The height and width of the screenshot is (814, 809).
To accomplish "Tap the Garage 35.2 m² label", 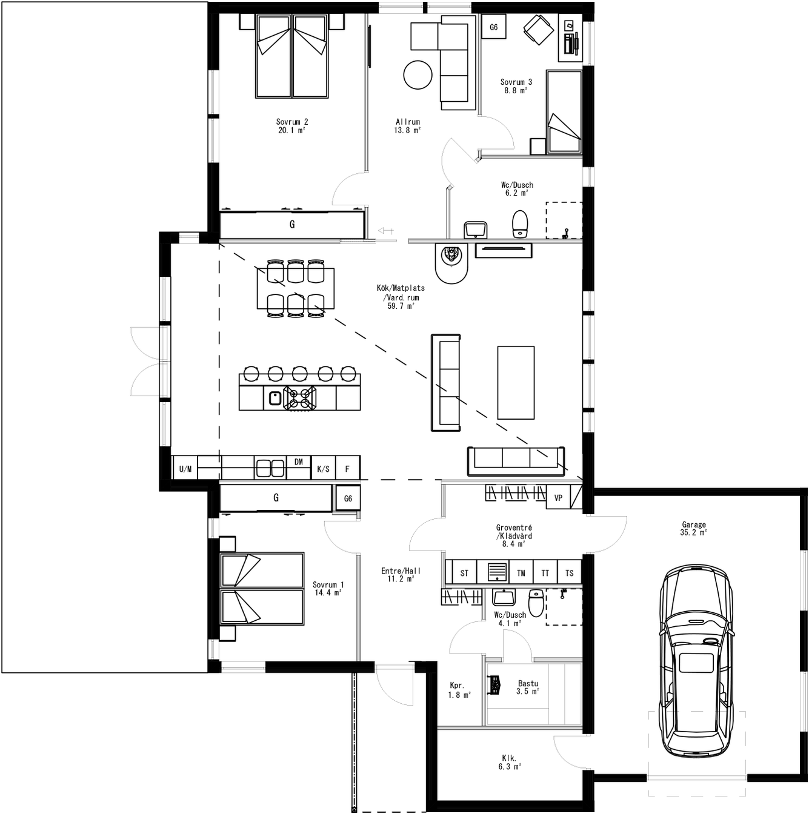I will point(693,529).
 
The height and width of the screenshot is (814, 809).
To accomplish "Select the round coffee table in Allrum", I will point(419,75).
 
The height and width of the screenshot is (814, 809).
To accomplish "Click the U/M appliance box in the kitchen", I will point(185,469).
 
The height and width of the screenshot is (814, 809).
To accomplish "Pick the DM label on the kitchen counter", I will point(298,462).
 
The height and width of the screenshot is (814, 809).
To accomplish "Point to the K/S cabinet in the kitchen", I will point(323,469).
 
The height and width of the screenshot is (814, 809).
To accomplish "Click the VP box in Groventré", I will point(558,498).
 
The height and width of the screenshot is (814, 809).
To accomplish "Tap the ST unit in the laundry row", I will point(464,573).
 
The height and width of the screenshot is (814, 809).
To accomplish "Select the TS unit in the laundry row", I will point(569,573).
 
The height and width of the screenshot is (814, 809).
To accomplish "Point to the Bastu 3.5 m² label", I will point(528,687).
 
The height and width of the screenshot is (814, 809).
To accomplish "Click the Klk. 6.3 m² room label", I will point(509,762).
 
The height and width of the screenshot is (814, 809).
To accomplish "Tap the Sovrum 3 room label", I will point(516,86).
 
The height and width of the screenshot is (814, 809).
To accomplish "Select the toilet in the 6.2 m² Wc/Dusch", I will point(520,223).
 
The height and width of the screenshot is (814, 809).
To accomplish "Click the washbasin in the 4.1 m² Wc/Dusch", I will point(503,597).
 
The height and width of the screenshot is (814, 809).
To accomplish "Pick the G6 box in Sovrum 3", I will point(493,27).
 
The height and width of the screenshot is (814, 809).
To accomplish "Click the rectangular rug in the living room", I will point(516,382).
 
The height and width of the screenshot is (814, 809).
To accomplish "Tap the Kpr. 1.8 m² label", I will point(459,690).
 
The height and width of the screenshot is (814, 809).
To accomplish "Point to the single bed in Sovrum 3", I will point(564,111).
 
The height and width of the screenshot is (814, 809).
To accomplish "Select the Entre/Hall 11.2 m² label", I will point(401,575).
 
